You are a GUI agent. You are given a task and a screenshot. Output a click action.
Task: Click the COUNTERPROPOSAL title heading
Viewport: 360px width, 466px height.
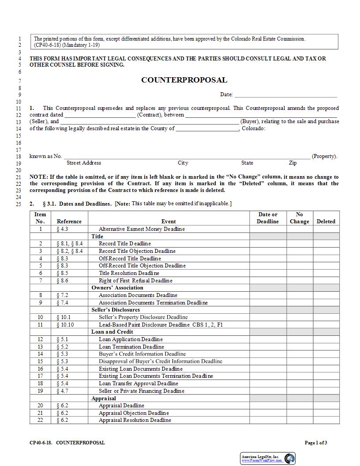click(x=184, y=80)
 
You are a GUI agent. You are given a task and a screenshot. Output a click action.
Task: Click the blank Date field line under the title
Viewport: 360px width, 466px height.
click(x=285, y=94)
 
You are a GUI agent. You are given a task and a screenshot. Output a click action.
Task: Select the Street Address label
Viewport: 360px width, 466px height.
click(x=84, y=163)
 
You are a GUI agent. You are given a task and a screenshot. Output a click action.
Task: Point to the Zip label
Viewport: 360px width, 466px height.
click(x=293, y=163)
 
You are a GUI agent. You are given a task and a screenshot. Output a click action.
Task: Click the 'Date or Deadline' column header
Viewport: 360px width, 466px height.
click(x=268, y=218)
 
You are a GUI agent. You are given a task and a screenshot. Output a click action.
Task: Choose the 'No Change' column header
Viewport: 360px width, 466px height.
click(x=299, y=218)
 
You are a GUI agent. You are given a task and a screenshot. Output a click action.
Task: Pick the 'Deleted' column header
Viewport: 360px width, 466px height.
click(x=326, y=222)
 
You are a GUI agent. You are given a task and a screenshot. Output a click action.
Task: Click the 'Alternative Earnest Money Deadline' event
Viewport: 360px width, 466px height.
click(x=142, y=229)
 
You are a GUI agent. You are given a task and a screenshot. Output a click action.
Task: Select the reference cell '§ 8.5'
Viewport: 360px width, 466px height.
click(x=62, y=273)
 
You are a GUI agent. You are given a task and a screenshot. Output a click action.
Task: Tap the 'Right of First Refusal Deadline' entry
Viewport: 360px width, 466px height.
click(x=135, y=281)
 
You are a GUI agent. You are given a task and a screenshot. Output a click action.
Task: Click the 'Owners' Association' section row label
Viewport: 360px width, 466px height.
click(x=117, y=288)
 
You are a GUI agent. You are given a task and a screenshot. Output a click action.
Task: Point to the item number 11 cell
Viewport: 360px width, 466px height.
click(x=41, y=325)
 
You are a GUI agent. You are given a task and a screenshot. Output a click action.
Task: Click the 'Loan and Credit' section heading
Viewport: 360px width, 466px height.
click(x=112, y=332)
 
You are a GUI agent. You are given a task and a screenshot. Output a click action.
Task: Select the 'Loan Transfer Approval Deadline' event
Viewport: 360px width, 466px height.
click(x=138, y=383)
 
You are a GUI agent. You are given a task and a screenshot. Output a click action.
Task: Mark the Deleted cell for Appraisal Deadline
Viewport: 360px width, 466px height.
click(x=326, y=406)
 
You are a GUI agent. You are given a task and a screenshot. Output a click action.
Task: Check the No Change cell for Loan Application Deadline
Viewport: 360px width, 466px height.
click(x=299, y=339)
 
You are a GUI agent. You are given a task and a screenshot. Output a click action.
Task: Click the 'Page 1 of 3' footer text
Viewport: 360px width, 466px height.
click(x=316, y=443)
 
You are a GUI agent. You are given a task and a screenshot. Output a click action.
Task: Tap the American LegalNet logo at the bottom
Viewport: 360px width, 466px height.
click(x=268, y=458)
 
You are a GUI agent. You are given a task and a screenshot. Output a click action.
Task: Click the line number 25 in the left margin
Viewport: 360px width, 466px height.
click(x=19, y=204)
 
